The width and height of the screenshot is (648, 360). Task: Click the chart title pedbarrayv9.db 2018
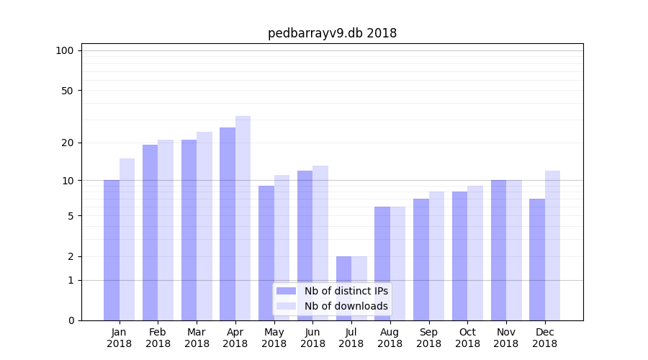click(332, 33)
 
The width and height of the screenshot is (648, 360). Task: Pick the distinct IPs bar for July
click(343, 288)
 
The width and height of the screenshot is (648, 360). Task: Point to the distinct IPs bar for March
click(189, 230)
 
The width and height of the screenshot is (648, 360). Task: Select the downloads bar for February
click(166, 230)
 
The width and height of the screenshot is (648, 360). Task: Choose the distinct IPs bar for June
click(305, 246)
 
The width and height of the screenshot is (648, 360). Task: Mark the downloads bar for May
click(282, 248)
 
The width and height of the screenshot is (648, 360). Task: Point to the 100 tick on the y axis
click(65, 50)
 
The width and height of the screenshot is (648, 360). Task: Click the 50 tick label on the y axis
click(67, 91)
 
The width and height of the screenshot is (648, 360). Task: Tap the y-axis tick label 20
click(67, 143)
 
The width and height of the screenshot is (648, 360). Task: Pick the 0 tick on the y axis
click(70, 320)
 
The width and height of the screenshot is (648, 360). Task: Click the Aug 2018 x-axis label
click(390, 338)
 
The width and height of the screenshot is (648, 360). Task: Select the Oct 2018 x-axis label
click(467, 338)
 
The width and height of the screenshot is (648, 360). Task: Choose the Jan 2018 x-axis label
click(119, 338)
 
